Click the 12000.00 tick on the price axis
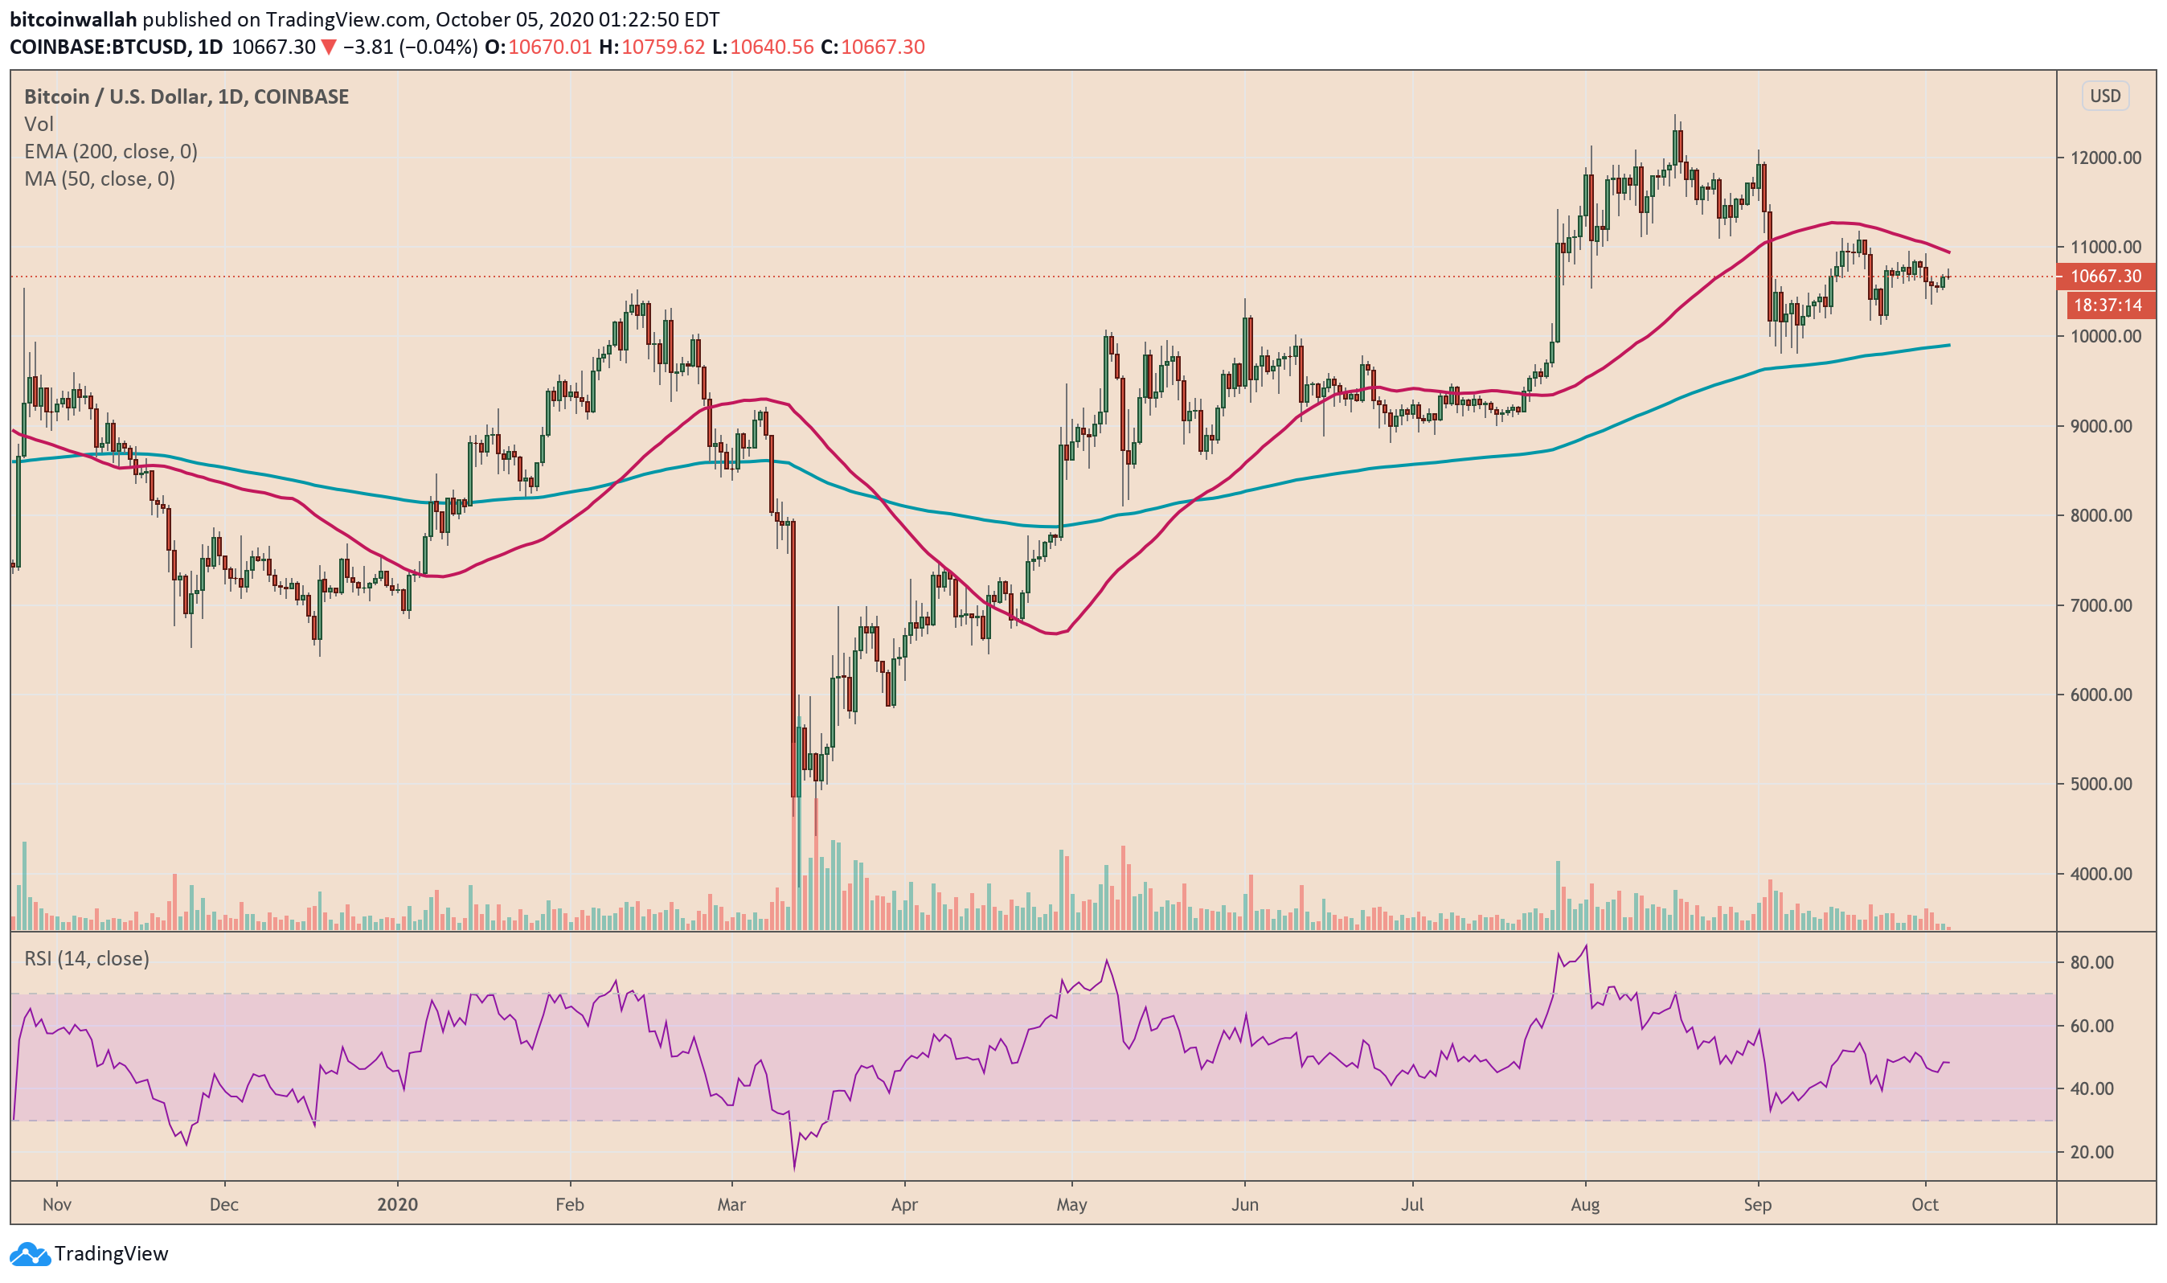click(x=2105, y=158)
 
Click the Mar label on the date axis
click(x=731, y=1205)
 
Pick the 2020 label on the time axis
click(x=397, y=1205)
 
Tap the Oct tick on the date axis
click(x=1925, y=1205)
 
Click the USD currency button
click(x=2105, y=96)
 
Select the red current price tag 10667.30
click(x=2106, y=277)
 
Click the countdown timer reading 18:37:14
click(x=2108, y=305)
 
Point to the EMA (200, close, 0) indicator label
click(x=111, y=152)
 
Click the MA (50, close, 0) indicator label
click(x=100, y=179)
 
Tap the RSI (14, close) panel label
click(x=87, y=959)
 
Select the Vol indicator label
click(x=39, y=125)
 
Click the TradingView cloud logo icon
click(x=30, y=1255)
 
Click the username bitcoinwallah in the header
click(x=73, y=19)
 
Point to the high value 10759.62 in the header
click(x=663, y=47)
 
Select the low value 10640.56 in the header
click(x=772, y=47)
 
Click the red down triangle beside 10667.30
click(x=329, y=47)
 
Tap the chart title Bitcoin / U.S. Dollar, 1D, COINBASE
click(x=186, y=96)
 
